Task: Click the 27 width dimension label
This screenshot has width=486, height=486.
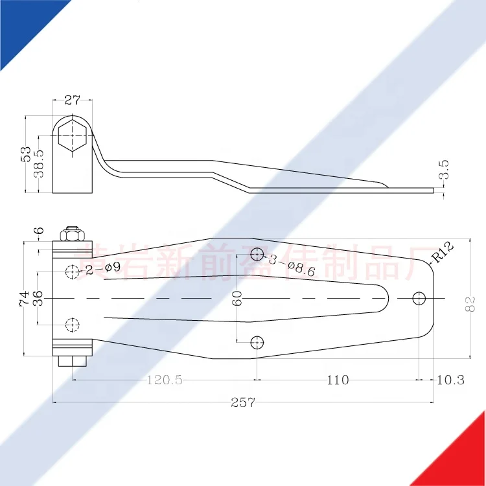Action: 72,100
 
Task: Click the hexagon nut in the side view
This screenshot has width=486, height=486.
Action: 71,136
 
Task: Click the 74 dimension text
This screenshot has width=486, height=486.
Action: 25,298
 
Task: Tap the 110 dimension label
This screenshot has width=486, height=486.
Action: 337,380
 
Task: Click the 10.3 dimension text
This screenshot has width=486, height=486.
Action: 450,380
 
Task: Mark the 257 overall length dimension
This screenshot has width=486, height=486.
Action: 243,402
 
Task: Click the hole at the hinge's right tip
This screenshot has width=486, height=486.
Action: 419,297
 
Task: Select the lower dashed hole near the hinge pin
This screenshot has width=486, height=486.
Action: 73,324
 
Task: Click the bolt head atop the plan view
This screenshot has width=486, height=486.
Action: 72,232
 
